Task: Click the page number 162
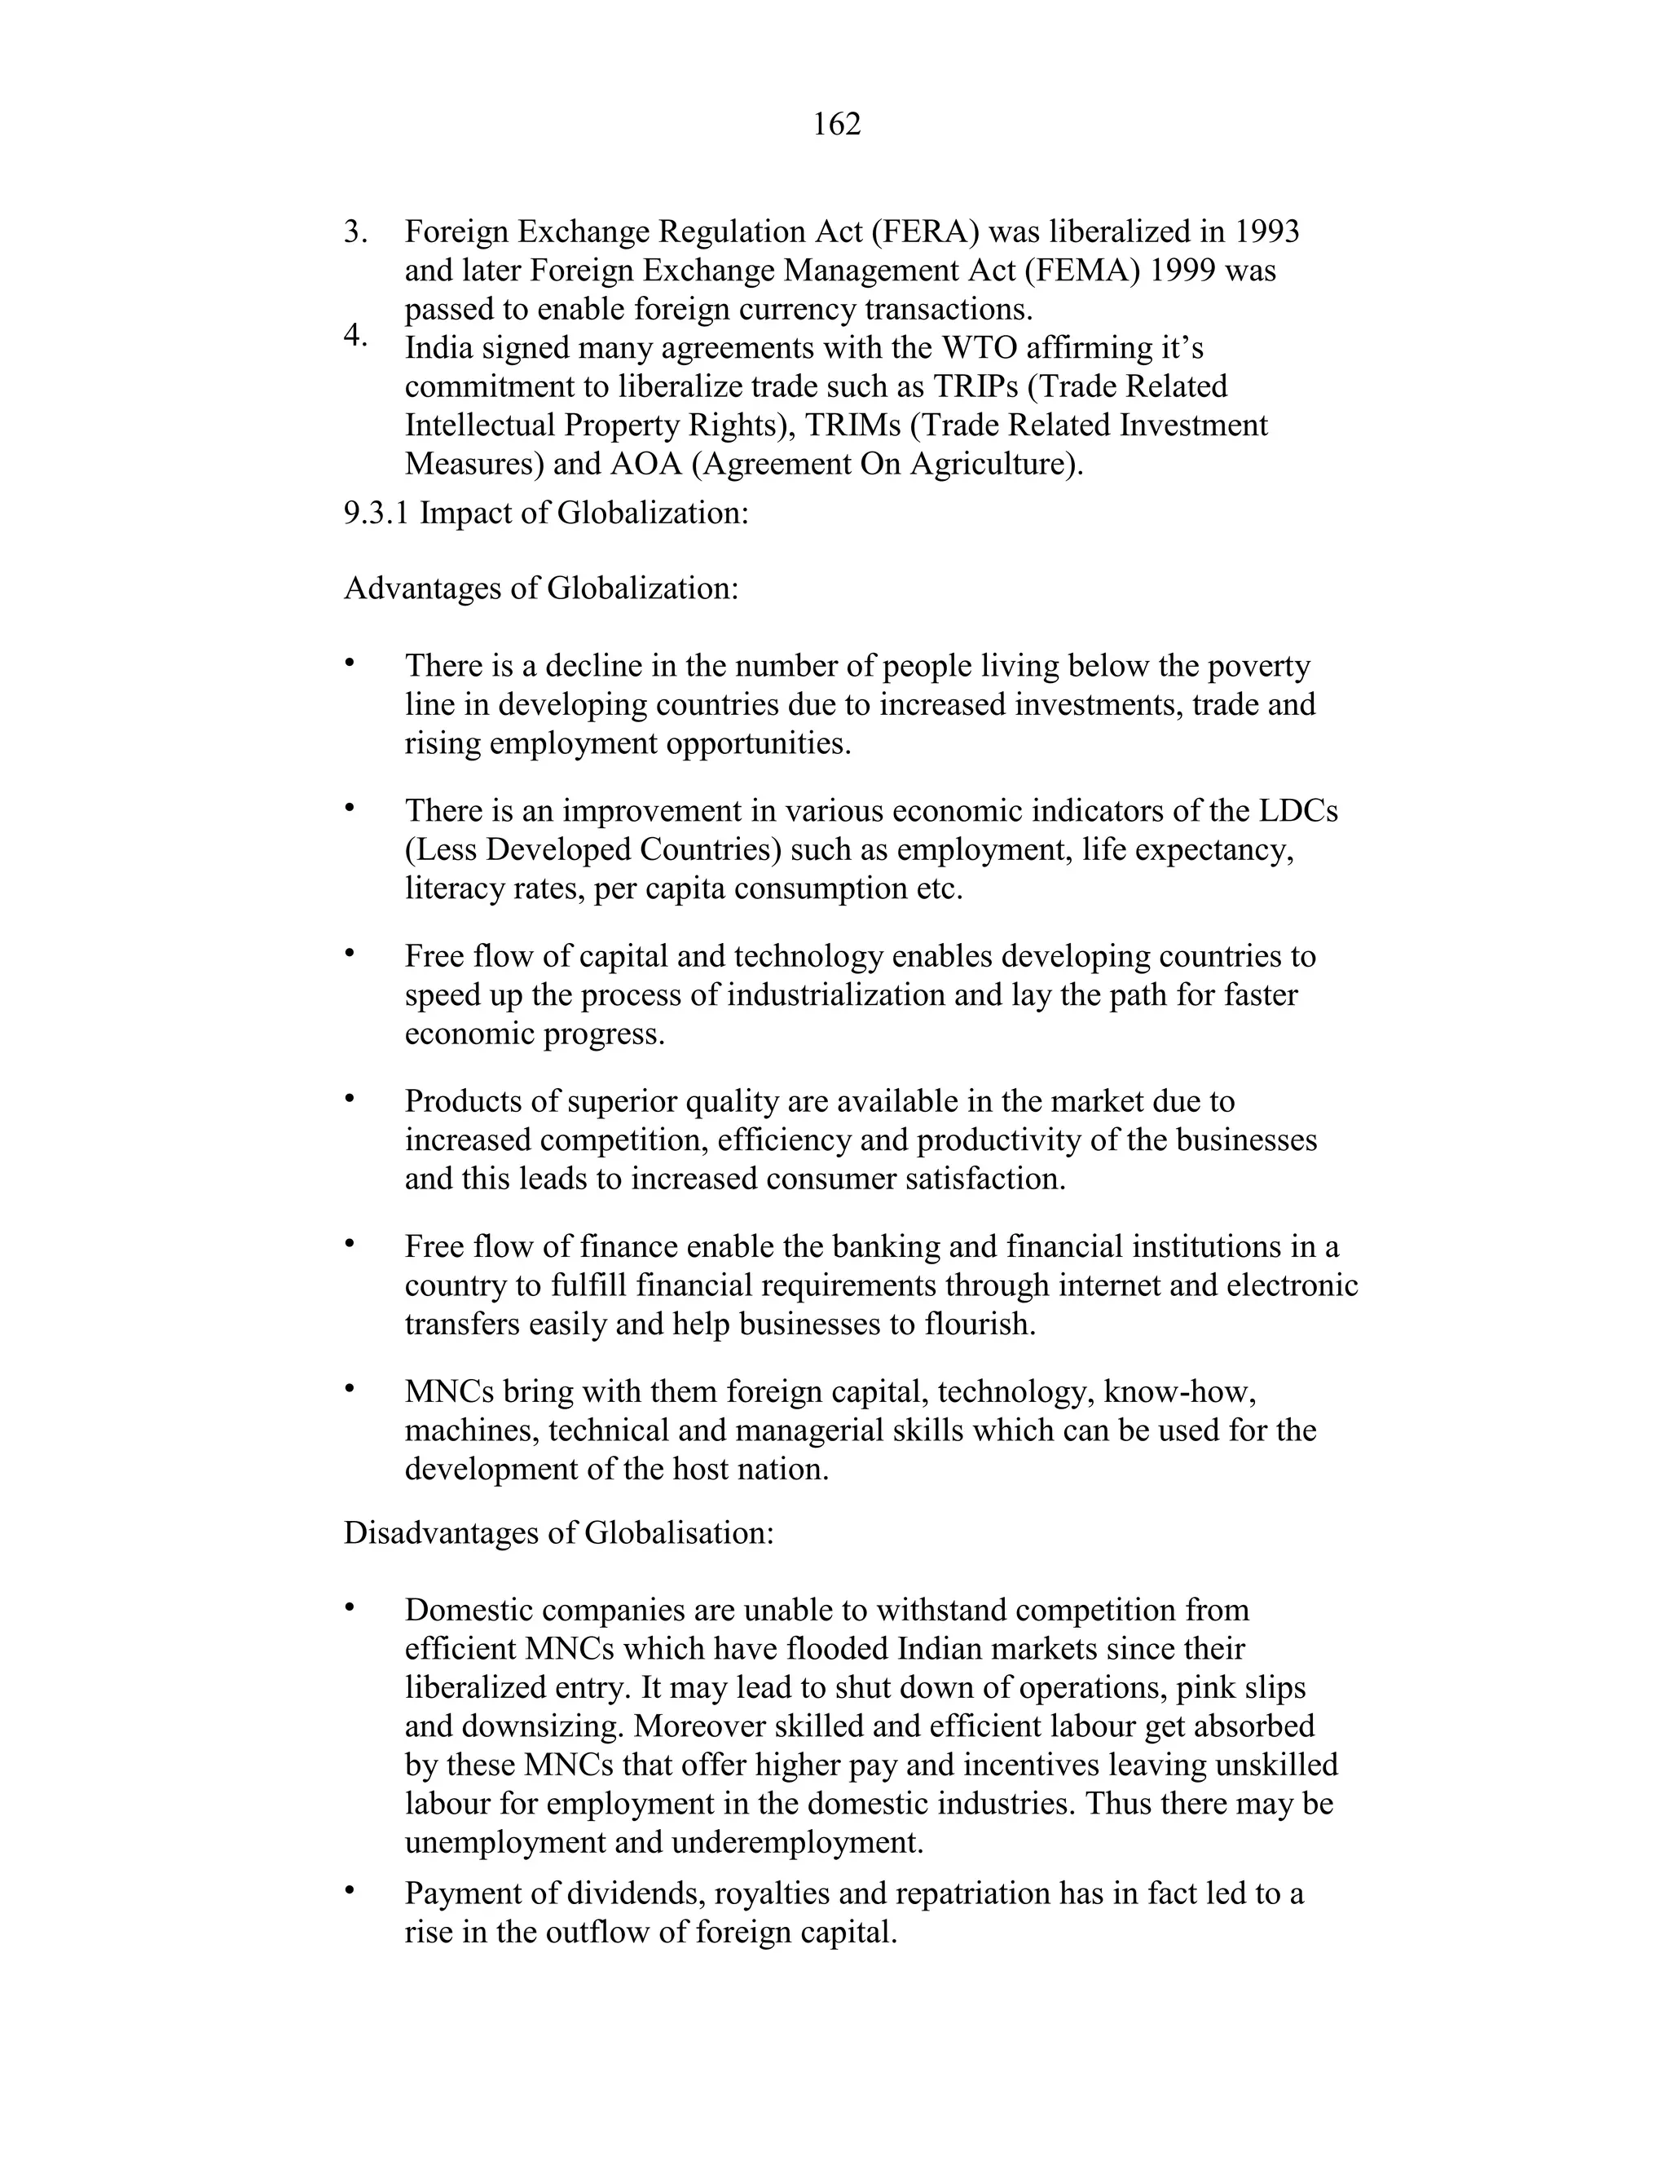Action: pos(836,125)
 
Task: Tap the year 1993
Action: pos(1266,231)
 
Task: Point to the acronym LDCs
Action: pos(1298,811)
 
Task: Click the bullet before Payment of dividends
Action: pos(349,1891)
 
